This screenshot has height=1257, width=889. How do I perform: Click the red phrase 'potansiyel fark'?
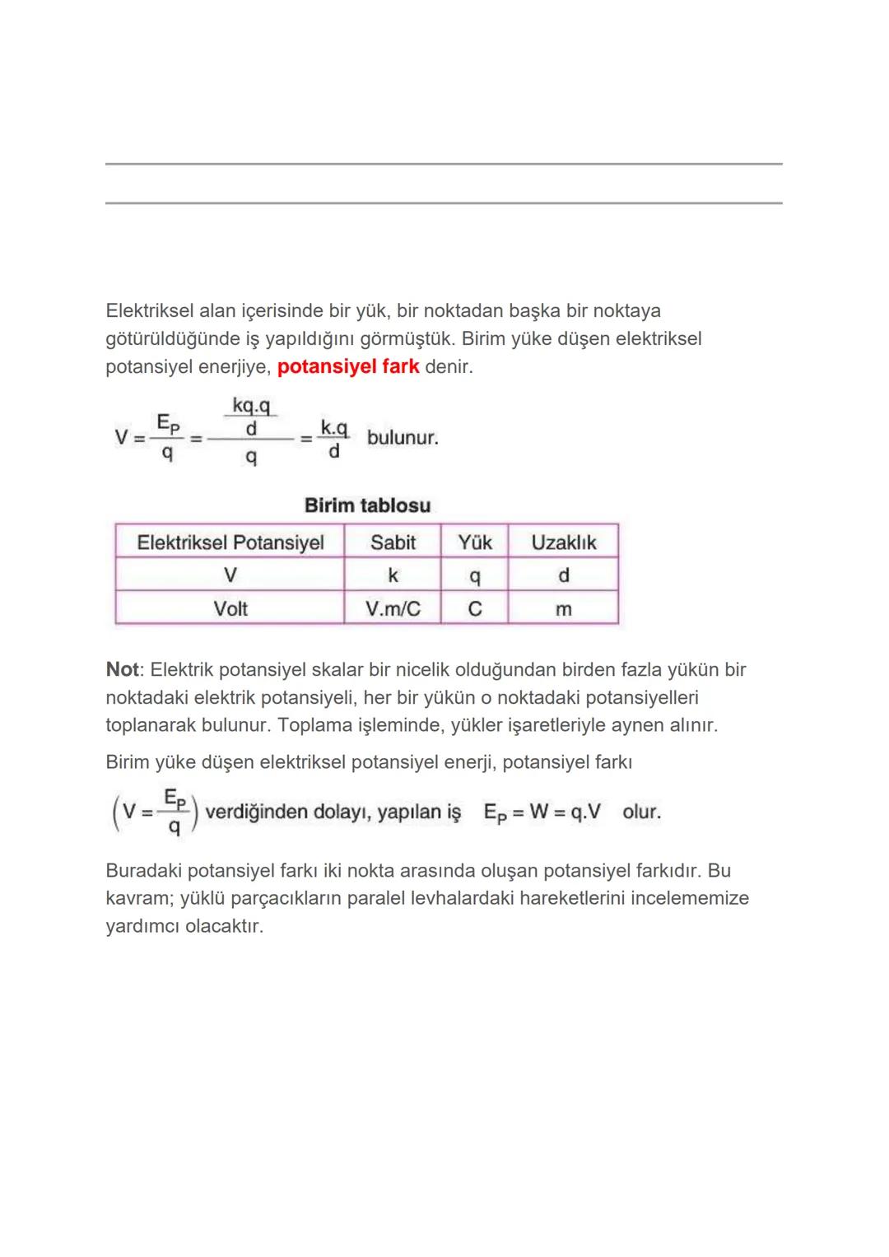coord(348,366)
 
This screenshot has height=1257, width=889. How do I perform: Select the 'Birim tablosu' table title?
coord(367,505)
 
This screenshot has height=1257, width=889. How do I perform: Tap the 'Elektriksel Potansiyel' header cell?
coord(230,542)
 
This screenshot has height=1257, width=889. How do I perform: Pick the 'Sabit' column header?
coord(393,542)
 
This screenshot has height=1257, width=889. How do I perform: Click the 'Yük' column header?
coord(475,542)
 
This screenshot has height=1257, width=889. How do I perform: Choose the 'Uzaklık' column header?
coord(564,542)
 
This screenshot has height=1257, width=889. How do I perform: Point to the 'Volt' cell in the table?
coord(230,608)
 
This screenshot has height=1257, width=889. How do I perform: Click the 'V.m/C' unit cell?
coord(393,608)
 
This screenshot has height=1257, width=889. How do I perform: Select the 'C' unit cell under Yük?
coord(475,609)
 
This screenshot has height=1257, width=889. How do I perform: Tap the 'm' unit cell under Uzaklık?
coord(564,609)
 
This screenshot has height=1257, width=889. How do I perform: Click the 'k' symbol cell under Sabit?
coord(393,575)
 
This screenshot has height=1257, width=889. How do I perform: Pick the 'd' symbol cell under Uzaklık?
coord(564,575)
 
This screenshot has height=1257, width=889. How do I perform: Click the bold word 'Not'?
coord(122,669)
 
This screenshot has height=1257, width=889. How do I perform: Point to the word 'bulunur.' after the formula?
coord(403,437)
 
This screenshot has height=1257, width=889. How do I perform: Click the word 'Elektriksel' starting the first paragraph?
coord(150,311)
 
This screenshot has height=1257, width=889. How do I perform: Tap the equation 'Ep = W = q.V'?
coord(542,812)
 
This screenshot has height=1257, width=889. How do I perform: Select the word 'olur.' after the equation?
coord(641,812)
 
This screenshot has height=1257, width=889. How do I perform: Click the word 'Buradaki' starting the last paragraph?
coord(142,870)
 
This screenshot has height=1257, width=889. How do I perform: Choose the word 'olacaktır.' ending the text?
coord(224,926)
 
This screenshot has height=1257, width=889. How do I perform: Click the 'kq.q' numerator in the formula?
coord(251,406)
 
